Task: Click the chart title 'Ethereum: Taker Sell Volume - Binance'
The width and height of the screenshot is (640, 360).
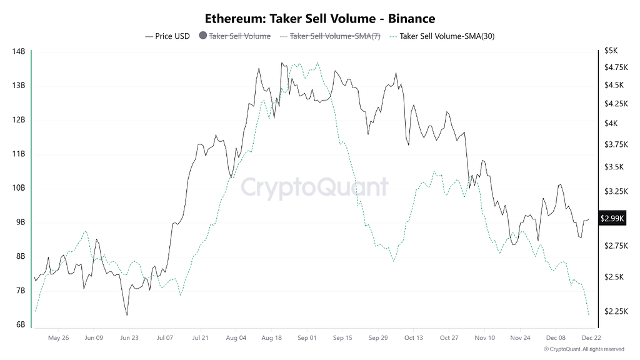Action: click(320, 19)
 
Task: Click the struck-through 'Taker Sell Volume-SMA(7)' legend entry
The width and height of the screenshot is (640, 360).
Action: click(336, 36)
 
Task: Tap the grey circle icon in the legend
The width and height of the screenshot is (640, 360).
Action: click(202, 36)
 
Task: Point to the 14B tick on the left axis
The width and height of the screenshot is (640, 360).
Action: click(19, 51)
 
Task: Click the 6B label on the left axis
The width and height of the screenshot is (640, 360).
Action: click(20, 324)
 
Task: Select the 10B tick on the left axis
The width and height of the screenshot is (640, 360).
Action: click(19, 187)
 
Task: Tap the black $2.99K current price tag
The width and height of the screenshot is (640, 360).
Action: click(612, 218)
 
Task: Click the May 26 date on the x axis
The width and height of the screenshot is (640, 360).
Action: click(58, 337)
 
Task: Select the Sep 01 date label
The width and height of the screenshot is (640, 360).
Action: click(307, 337)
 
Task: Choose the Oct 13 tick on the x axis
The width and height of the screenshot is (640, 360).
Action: click(413, 337)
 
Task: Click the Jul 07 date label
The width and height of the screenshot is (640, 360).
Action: click(164, 337)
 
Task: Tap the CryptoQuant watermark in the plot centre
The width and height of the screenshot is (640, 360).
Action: click(314, 187)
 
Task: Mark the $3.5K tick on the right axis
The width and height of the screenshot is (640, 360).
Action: click(612, 167)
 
